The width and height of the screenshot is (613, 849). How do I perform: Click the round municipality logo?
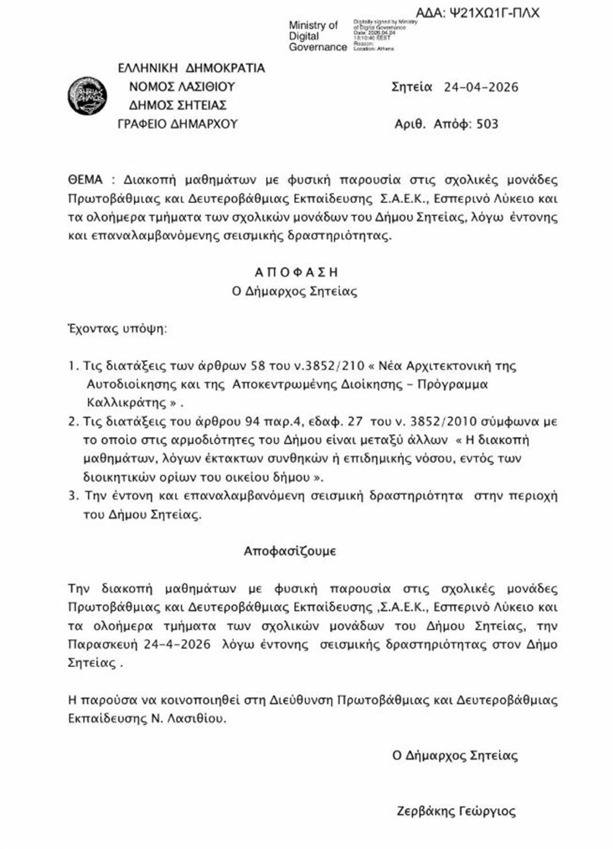tap(87, 96)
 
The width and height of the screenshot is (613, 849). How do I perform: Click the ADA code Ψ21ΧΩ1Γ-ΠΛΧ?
tap(477, 12)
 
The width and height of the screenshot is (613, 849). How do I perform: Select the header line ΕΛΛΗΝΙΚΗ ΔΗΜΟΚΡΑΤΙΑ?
tap(191, 67)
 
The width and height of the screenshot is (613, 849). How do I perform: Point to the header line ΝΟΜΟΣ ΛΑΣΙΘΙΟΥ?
tap(182, 86)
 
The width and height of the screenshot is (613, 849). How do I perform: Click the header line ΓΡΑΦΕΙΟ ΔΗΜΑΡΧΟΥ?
tap(177, 124)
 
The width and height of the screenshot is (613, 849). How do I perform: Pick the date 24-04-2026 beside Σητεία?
tap(480, 87)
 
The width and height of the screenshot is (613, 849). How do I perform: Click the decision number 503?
tap(487, 124)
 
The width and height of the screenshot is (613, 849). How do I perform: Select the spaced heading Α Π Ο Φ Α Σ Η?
tap(296, 272)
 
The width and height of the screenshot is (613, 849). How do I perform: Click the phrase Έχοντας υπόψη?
tap(117, 328)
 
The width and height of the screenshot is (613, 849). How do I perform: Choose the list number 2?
tap(73, 421)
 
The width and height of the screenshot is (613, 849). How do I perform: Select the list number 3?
tap(73, 496)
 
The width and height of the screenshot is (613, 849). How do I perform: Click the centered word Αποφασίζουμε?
tap(290, 551)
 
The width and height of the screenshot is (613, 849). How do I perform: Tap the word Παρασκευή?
tap(103, 645)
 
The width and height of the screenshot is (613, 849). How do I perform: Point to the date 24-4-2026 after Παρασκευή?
tap(177, 645)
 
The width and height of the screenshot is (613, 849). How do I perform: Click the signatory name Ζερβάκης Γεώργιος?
tap(457, 812)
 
